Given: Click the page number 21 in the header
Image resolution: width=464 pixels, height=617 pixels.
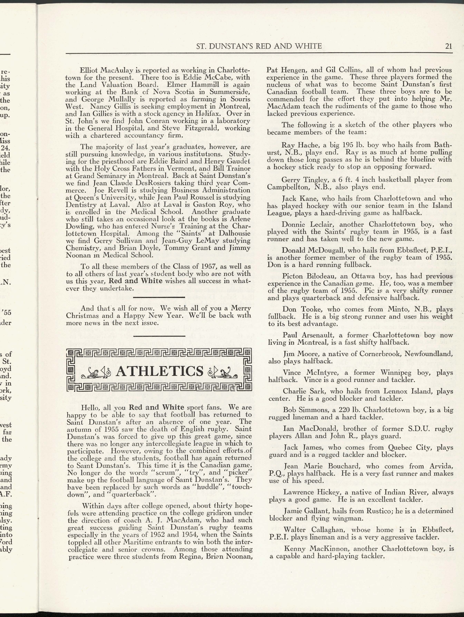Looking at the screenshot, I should click(x=448, y=46).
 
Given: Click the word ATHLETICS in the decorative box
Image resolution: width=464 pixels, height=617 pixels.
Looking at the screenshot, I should click(x=159, y=371).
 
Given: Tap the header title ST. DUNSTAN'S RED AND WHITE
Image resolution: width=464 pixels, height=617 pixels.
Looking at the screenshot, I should click(x=259, y=46).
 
